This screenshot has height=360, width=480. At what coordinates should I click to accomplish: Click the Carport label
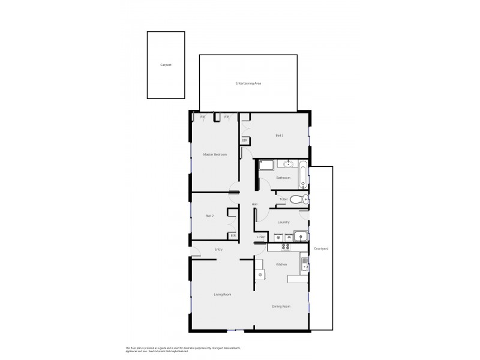coord(166,65)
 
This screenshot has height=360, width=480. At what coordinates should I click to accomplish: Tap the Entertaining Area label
coord(248,83)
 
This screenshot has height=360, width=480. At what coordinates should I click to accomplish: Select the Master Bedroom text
coord(215,155)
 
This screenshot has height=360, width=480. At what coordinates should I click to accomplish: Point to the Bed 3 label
coord(280,136)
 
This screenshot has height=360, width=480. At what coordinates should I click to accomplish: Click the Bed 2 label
coord(209,216)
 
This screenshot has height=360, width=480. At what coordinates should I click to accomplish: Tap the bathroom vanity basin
coord(288,163)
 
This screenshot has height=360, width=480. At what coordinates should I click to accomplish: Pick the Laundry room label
coord(284,222)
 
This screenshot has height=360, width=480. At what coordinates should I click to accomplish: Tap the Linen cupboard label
coord(261,238)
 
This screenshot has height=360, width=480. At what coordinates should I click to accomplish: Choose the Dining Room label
coord(281,307)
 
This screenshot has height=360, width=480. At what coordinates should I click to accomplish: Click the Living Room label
coord(223,295)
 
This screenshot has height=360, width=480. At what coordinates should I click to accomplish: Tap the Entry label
coord(219,249)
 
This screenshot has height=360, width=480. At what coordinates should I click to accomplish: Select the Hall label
coord(254,205)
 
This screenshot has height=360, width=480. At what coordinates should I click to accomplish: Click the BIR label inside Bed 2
coord(233,235)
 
